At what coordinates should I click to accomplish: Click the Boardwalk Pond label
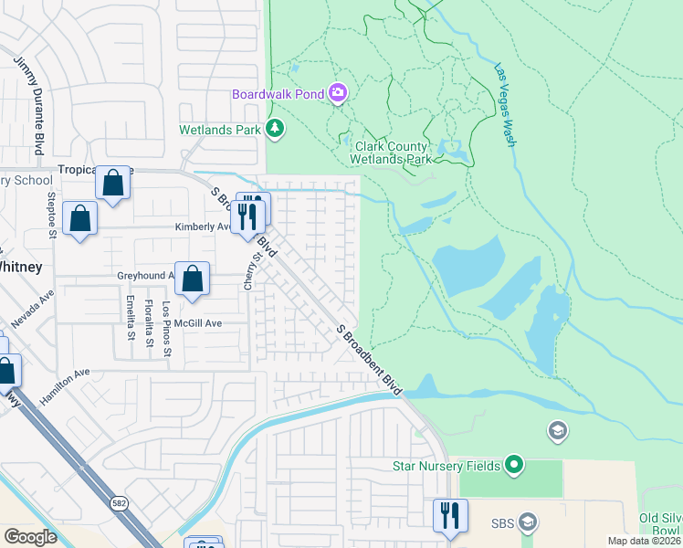point(279,93)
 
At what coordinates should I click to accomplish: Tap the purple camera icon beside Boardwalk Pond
point(338,92)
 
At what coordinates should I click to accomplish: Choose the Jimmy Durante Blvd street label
point(41,104)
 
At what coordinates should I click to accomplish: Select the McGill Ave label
point(201,322)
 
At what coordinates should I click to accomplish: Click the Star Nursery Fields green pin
point(513,466)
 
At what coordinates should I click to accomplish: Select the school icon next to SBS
point(527,523)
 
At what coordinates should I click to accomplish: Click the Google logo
point(31,537)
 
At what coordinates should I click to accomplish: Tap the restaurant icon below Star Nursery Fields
point(450,515)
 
